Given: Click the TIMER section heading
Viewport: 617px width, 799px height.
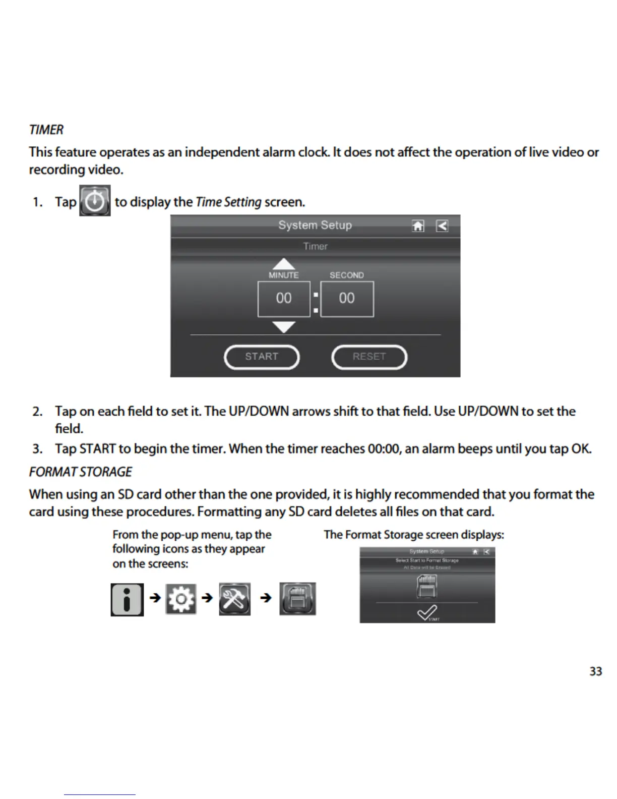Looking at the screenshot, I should [x=46, y=130].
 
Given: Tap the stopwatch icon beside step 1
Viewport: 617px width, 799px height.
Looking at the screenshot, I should [x=95, y=201].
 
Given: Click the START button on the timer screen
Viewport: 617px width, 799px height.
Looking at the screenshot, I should [x=262, y=357].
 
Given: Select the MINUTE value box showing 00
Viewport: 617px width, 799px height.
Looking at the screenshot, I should [x=284, y=299].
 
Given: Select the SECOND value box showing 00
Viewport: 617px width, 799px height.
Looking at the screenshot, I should [x=347, y=299].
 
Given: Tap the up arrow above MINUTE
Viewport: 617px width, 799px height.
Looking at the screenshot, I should [x=284, y=264].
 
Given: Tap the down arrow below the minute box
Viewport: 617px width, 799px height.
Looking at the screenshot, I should [x=284, y=327].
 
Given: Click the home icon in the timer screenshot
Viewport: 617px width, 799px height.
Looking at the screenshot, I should [x=418, y=225].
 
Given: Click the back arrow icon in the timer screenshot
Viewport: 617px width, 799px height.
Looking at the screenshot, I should [x=442, y=225].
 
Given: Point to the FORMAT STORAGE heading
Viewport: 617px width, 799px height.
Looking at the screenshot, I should [x=81, y=472].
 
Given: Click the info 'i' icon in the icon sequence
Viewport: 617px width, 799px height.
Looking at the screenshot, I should [x=127, y=599].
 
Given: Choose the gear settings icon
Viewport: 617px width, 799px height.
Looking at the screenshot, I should [x=181, y=599].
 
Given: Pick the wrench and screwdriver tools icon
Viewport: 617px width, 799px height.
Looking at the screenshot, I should [x=234, y=599].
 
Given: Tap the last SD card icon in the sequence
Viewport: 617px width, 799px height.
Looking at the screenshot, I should [x=297, y=599].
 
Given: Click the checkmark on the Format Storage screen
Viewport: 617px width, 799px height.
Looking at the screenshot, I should [x=426, y=613].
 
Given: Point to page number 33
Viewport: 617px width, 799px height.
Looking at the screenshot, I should [x=595, y=671].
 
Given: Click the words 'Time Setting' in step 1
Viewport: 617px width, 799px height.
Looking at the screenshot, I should [x=228, y=202].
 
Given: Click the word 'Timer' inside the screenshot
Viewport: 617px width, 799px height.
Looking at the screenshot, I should [x=315, y=246].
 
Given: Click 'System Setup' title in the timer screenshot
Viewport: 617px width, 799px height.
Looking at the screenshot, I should [x=315, y=225].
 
